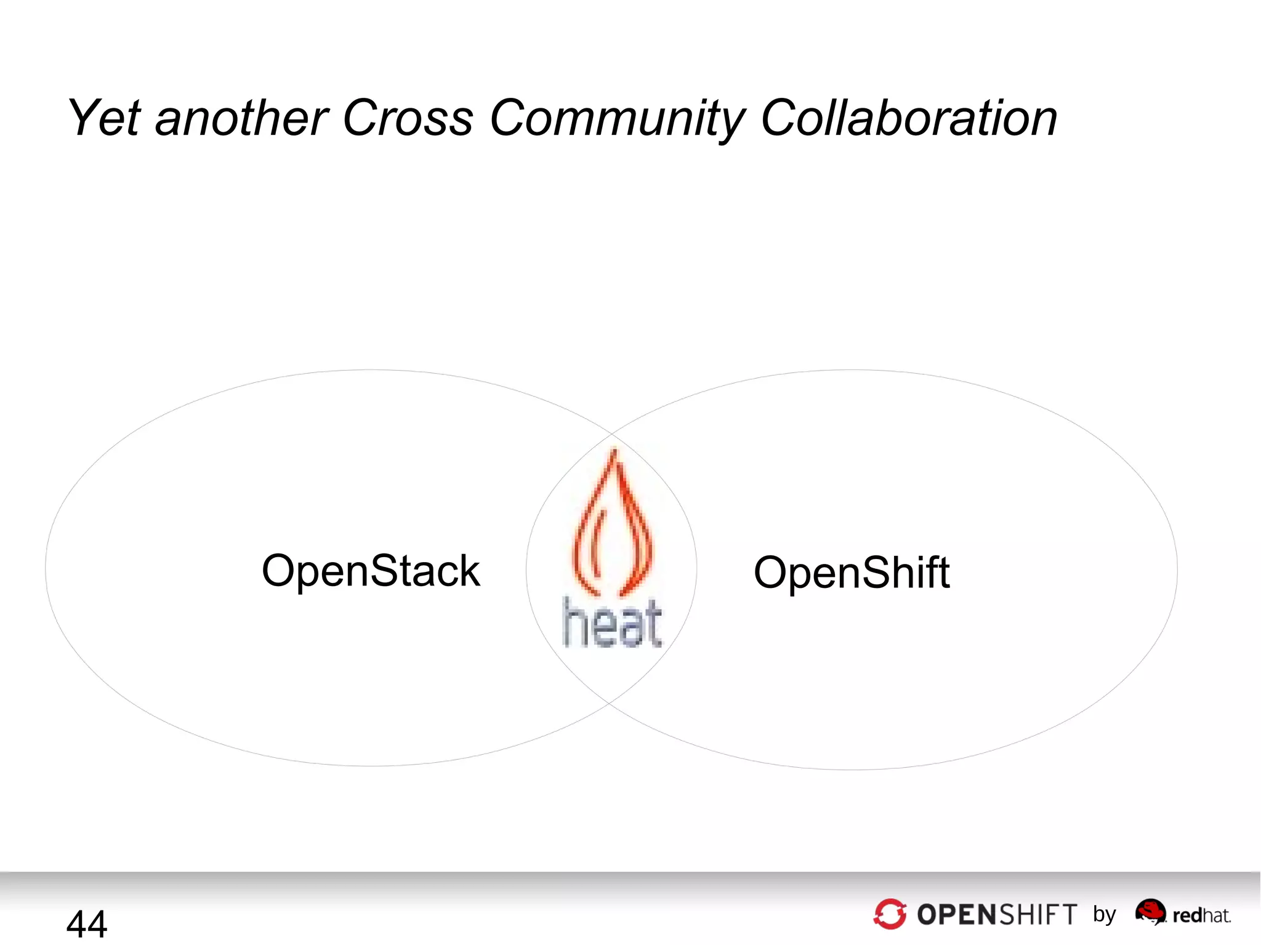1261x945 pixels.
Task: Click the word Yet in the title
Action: point(105,118)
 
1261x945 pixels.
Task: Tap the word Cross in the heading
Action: point(408,118)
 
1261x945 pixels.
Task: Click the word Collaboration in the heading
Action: point(909,118)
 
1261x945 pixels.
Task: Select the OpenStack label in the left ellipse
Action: point(371,571)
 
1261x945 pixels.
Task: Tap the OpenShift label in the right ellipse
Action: point(852,573)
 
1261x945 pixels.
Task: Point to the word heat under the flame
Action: point(613,623)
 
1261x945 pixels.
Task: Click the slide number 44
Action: point(87,923)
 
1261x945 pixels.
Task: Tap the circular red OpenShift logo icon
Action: point(890,914)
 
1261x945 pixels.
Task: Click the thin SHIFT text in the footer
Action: point(1038,915)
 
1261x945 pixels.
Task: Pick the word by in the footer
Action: point(1105,915)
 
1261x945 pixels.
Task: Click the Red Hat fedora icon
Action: point(1150,911)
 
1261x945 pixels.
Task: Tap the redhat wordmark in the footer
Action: point(1201,915)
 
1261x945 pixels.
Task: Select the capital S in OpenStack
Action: point(385,571)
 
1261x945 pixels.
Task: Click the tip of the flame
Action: point(613,452)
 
